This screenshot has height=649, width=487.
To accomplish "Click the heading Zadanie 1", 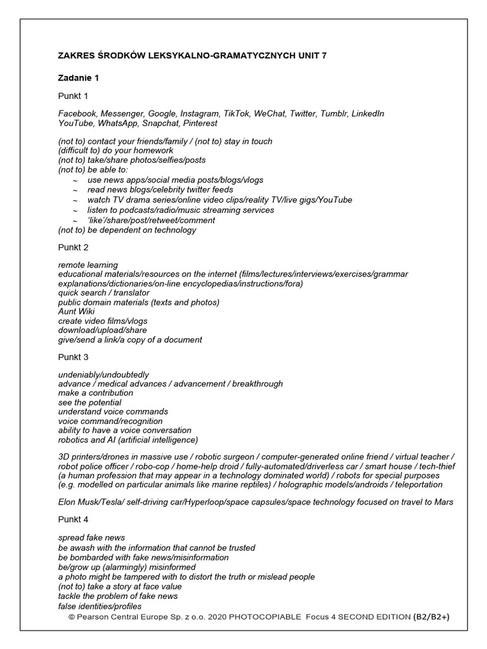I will (x=79, y=78).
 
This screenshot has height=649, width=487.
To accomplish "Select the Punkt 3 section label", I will (x=74, y=357).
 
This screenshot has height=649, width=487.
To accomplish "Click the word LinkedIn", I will (x=367, y=113).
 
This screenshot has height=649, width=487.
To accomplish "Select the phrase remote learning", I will (x=88, y=264).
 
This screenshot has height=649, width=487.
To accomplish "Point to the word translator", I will (x=130, y=293).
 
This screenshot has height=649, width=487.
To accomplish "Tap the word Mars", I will (x=443, y=502).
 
